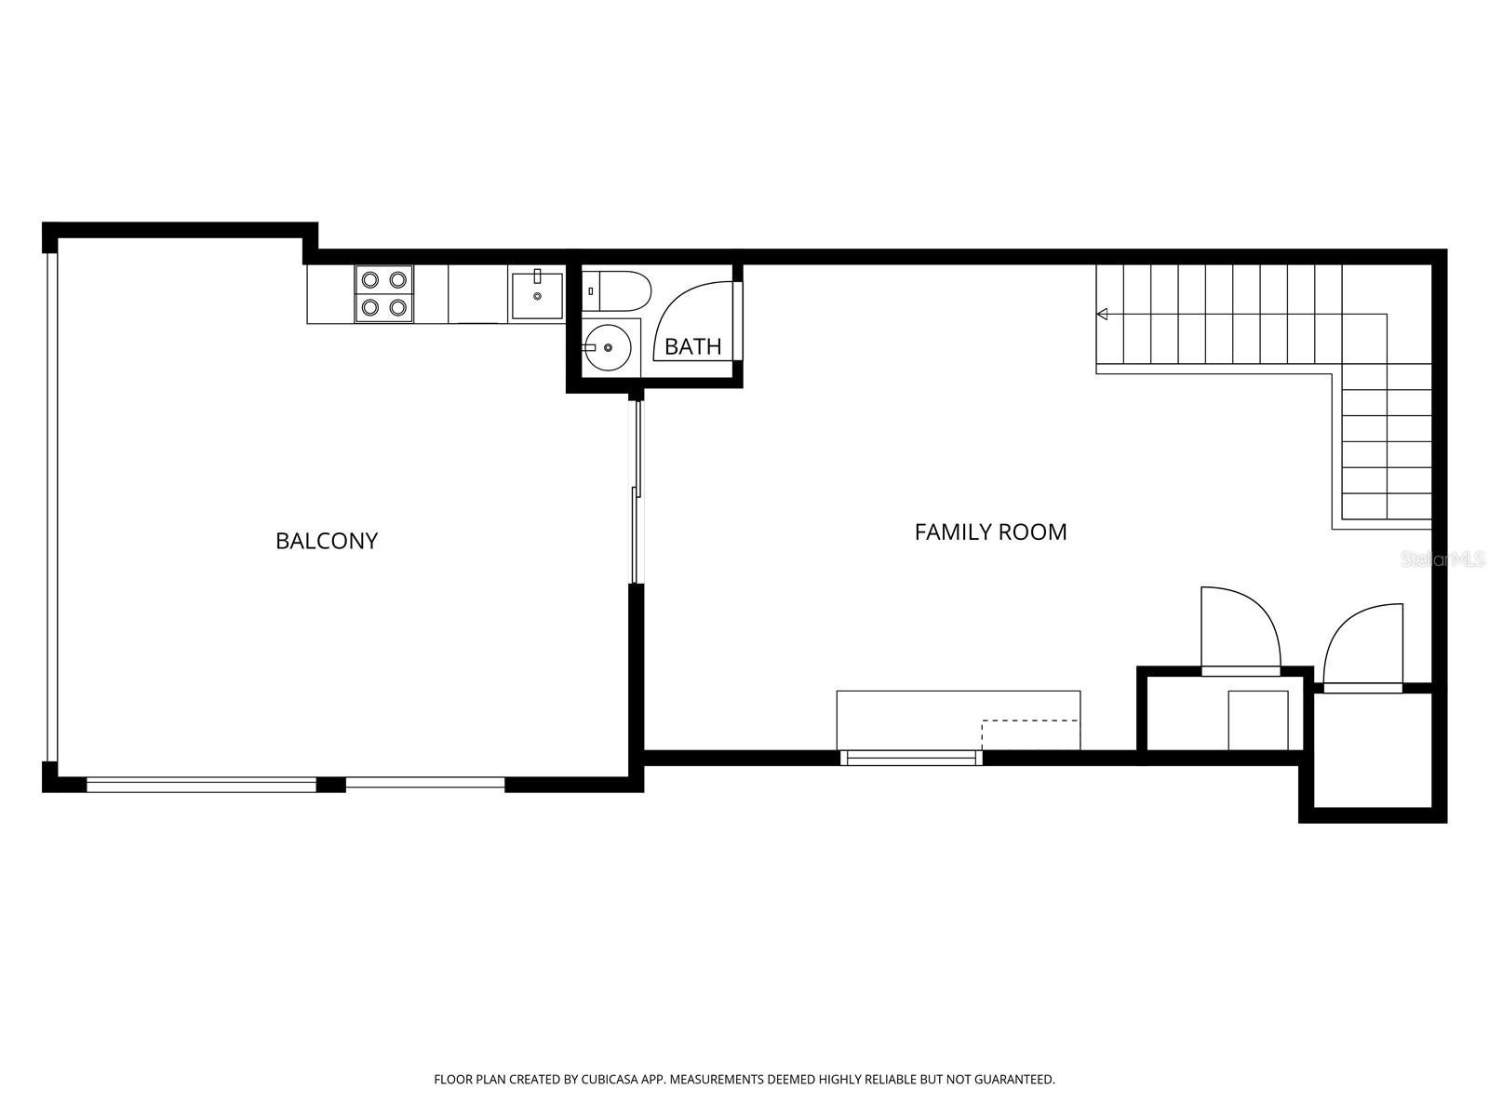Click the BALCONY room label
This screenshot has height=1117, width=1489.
click(x=327, y=541)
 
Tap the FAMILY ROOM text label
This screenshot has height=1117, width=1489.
click(x=990, y=532)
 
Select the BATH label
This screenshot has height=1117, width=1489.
click(x=692, y=346)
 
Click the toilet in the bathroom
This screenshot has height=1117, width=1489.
click(x=616, y=291)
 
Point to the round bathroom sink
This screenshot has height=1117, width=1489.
click(x=608, y=347)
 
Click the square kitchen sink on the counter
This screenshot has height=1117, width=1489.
click(x=537, y=296)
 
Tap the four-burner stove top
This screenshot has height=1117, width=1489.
click(x=384, y=293)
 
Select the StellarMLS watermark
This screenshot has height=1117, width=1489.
click(x=1442, y=559)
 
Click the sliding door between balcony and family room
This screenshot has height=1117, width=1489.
click(x=636, y=492)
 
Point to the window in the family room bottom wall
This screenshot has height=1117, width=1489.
click(x=911, y=759)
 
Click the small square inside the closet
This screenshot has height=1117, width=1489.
click(x=1258, y=720)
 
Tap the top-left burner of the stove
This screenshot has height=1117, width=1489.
click(x=370, y=279)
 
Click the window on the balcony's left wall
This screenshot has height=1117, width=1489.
click(x=51, y=507)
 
